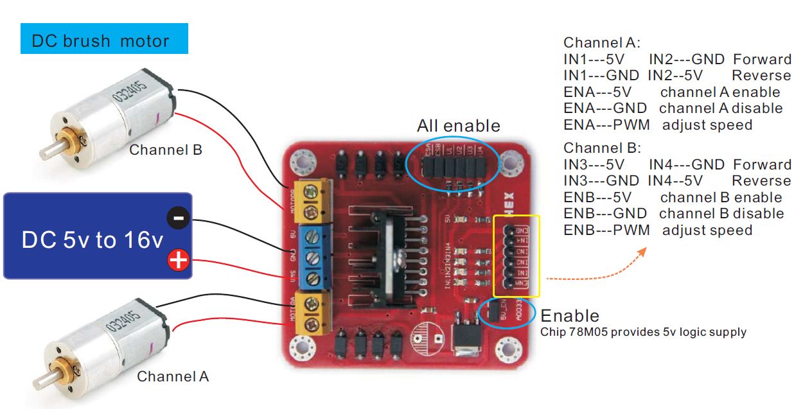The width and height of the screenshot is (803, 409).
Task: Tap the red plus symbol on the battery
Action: pyautogui.click(x=178, y=260)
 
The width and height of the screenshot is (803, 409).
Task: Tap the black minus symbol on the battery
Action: pyautogui.click(x=178, y=219)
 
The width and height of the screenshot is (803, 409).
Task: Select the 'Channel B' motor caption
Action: pyautogui.click(x=166, y=150)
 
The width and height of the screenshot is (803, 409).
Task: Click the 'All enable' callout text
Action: pyautogui.click(x=458, y=125)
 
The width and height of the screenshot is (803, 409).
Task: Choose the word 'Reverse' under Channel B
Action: pyautogui.click(x=761, y=181)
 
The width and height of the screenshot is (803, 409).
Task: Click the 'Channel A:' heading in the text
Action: pyautogui.click(x=602, y=43)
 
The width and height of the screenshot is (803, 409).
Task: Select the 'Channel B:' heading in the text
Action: pyautogui.click(x=602, y=148)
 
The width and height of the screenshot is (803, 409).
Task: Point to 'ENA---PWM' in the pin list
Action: pyautogui.click(x=606, y=125)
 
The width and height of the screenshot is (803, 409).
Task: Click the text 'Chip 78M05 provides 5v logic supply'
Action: pyautogui.click(x=644, y=332)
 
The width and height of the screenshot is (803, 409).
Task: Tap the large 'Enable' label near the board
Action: pyautogui.click(x=570, y=315)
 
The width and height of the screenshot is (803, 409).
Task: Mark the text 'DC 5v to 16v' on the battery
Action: pyautogui.click(x=93, y=240)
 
